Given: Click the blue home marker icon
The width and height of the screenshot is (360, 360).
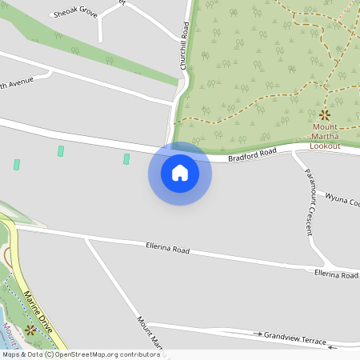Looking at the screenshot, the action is pos(180,173).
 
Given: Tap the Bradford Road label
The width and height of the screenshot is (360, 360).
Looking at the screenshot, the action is pos(251,154).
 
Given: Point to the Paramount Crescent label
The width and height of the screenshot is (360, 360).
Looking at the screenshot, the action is pos(308,202).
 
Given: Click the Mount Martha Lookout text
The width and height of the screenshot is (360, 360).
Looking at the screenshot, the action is pos(326,137).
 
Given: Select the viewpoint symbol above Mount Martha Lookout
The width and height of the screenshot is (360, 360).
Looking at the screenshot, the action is pos(325,115).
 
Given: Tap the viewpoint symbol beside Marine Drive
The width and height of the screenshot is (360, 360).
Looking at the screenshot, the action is pos(30,329).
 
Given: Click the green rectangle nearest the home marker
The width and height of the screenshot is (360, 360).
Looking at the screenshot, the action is pos(126,159).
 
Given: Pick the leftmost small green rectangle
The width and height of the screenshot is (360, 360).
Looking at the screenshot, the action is pos(17,164).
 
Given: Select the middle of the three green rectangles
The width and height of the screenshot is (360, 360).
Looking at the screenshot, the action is pos(60,150).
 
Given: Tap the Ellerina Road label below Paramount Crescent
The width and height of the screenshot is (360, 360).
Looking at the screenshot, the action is pos(335,274).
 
